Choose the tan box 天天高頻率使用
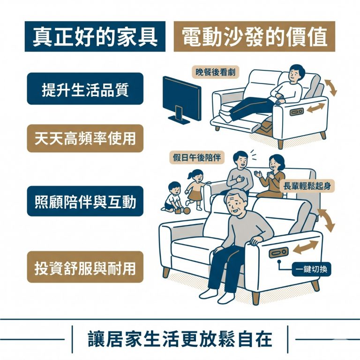pos(85,138)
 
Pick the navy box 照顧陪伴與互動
pos(85,202)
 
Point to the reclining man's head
pos(296,74)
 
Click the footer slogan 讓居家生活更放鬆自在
pos(180,339)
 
